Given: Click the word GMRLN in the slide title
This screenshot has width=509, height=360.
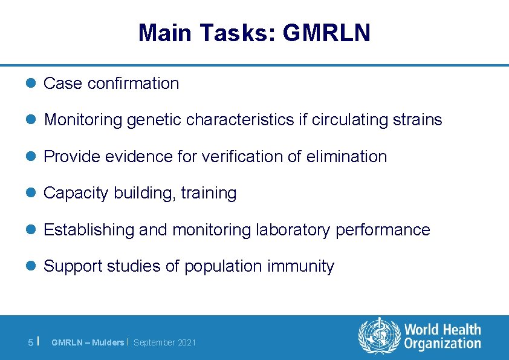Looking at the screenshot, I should (326, 33).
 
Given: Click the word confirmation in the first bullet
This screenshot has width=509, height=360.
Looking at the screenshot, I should (133, 83).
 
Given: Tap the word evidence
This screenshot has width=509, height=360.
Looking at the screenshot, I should (134, 157).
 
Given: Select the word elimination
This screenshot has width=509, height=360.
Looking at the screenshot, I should (348, 157).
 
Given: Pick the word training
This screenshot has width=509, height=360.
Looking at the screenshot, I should (209, 194).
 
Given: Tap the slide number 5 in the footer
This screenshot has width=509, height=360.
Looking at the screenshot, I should (31, 342).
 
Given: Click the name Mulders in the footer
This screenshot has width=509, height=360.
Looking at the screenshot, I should (108, 342).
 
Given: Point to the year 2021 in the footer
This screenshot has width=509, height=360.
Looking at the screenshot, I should (186, 342).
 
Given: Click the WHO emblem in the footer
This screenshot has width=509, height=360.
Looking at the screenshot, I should (380, 337).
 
